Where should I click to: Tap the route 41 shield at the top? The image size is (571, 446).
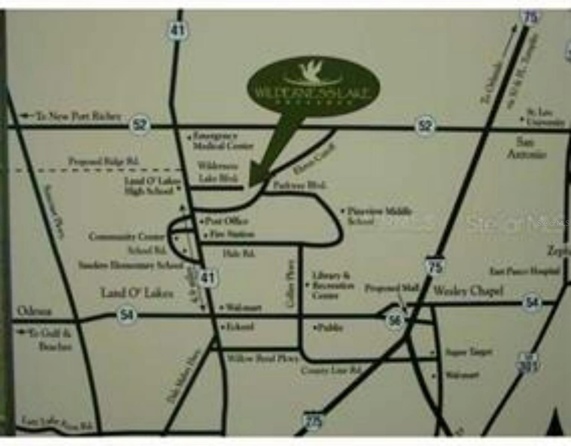click(177, 30)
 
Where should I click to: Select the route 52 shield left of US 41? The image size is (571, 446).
click(140, 125)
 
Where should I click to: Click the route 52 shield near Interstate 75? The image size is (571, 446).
click(425, 126)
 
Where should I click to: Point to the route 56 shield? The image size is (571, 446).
click(395, 320)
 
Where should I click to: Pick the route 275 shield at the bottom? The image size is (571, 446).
click(313, 421)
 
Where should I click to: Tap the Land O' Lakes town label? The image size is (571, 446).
click(137, 293)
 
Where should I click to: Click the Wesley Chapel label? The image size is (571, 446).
click(468, 291)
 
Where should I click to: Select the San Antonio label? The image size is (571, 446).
click(526, 148)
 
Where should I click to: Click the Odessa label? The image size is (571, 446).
click(34, 311)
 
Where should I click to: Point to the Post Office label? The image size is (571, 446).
click(227, 221)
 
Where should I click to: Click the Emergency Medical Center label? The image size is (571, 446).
click(223, 141)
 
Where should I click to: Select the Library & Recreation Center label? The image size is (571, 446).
click(332, 285)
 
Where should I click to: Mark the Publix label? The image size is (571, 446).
click(329, 328)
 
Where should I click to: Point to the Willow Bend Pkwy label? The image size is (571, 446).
click(262, 359)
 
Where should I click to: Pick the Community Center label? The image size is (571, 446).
click(127, 236)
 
